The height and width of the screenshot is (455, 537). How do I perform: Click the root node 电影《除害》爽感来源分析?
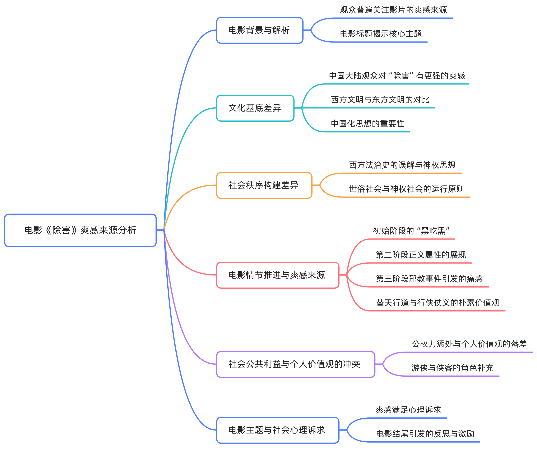[80, 230]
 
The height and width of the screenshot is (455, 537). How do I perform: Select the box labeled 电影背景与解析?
[259, 30]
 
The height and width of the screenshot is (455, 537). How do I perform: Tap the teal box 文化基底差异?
[255, 108]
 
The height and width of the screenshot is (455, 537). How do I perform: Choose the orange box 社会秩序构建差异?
[264, 185]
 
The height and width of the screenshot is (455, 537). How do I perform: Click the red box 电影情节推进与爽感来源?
[277, 275]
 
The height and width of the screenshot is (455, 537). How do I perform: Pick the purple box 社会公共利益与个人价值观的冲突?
[295, 364]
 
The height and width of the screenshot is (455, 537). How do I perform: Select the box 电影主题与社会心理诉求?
[277, 430]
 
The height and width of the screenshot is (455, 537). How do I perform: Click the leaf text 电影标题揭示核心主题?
[381, 34]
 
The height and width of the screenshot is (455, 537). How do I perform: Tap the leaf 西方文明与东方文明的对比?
[380, 100]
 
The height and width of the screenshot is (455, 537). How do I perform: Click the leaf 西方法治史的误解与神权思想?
[402, 165]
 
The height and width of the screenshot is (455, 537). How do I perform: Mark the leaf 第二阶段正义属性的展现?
[421, 255]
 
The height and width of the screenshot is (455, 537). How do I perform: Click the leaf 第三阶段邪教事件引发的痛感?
[429, 279]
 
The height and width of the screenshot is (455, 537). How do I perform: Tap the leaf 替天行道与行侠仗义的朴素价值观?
[437, 303]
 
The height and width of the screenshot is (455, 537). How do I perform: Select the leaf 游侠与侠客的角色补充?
[452, 368]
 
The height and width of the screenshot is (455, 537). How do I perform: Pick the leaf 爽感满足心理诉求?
[408, 410]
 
